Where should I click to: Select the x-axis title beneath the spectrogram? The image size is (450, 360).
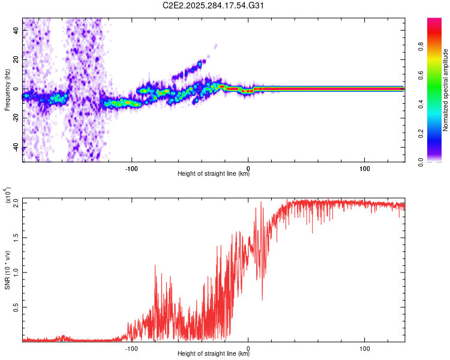tap(214, 174)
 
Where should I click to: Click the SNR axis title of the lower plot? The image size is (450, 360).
tap(7, 270)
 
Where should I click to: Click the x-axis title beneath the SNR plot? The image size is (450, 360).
tap(214, 354)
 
